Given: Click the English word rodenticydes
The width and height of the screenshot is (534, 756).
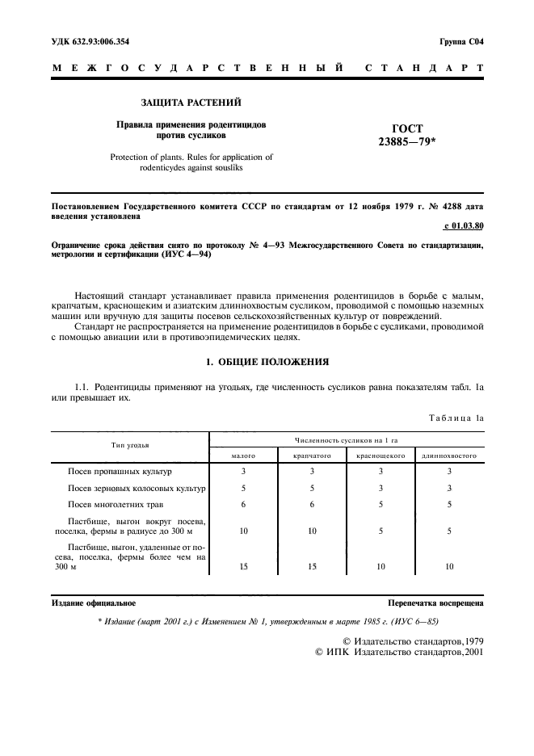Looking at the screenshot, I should pyautogui.click(x=171, y=168).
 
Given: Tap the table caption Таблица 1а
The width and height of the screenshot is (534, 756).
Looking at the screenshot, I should pyautogui.click(x=455, y=417).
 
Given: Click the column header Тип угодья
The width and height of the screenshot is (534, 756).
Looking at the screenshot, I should pyautogui.click(x=130, y=445).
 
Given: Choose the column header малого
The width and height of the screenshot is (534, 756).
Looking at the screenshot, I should pyautogui.click(x=243, y=456).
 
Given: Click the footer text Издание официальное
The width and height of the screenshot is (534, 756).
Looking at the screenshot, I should pyautogui.click(x=94, y=603).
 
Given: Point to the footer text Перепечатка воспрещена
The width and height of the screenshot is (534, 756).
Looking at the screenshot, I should pyautogui.click(x=435, y=603).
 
